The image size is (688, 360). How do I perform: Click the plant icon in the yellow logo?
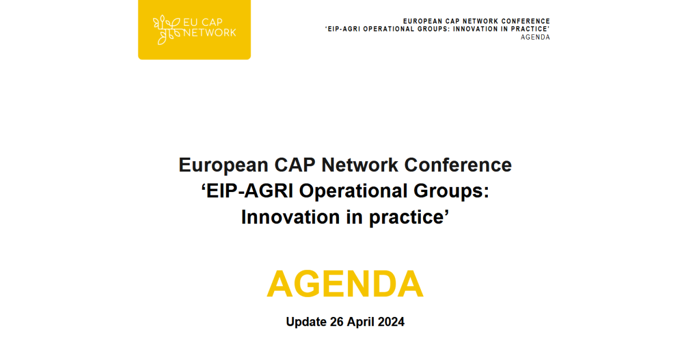point(167,30)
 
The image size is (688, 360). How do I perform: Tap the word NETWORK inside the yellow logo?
point(210,33)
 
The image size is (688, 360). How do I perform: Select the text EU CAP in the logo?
point(203,22)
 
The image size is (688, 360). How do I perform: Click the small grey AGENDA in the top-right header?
point(535,37)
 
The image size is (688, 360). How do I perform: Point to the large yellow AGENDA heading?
point(345,284)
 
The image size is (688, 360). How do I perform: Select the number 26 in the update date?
point(337,322)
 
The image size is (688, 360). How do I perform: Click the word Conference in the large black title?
point(458,165)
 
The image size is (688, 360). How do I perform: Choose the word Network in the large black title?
point(359,165)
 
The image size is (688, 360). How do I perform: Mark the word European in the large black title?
point(224,166)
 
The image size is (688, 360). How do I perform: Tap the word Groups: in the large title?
point(451,191)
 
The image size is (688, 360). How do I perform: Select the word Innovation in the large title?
point(291,217)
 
